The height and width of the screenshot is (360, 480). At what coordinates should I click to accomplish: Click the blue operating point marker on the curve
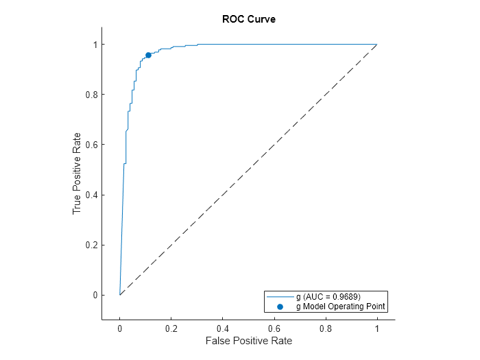[x=148, y=55]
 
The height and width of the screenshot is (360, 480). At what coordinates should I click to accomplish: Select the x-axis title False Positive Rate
[x=248, y=341]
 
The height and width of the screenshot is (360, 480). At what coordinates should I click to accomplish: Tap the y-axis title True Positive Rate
[x=77, y=173]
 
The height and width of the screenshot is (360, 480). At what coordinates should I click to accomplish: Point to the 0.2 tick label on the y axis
[x=90, y=245]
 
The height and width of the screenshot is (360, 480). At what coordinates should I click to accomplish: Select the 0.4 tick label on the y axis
[x=90, y=195]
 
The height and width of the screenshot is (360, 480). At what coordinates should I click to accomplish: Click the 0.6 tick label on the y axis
[x=90, y=145]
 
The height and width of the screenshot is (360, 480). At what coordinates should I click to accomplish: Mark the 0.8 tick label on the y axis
[x=90, y=95]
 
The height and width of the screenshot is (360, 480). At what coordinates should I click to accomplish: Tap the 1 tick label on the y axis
[x=95, y=45]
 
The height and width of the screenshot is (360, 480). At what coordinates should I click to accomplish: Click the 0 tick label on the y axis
[x=95, y=295]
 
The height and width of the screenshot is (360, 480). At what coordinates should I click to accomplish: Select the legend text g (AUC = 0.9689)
[x=333, y=297]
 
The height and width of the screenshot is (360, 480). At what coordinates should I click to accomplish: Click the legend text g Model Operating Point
[x=340, y=307]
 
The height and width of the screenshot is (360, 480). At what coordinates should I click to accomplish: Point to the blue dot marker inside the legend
[x=280, y=307]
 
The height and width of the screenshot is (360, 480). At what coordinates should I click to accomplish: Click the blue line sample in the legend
[x=280, y=297]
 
